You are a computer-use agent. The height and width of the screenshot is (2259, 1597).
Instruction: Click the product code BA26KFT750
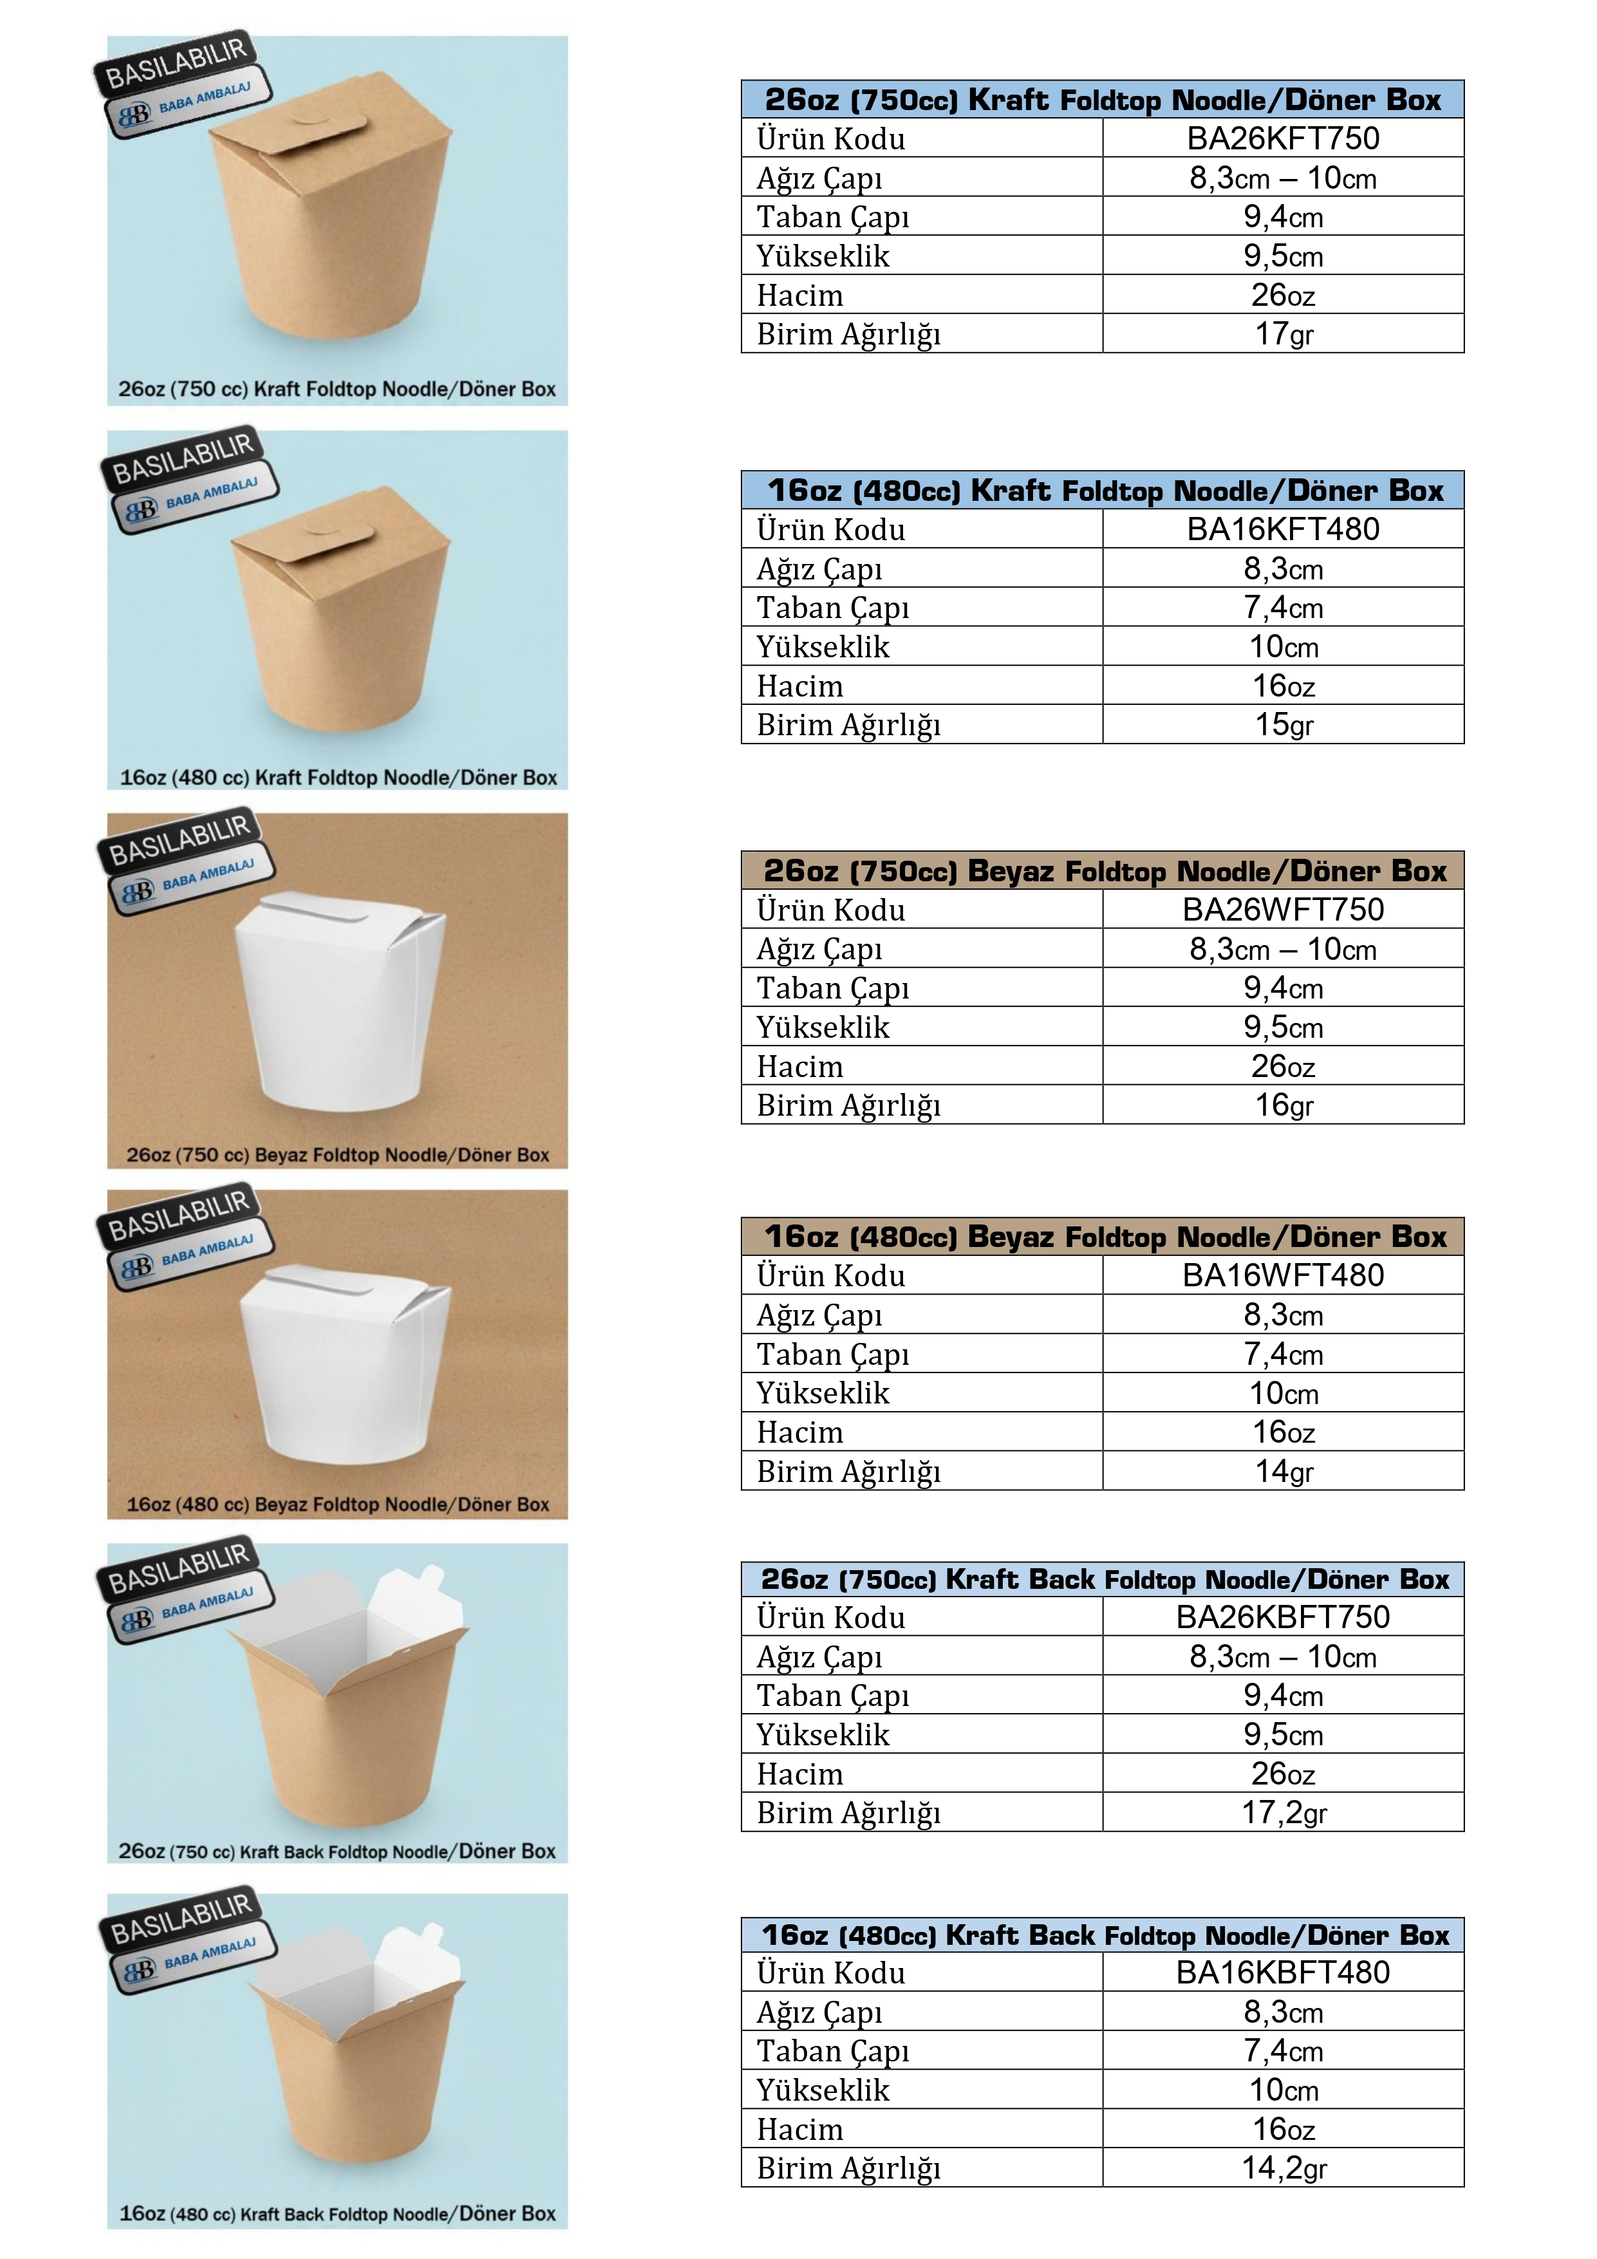click(1282, 138)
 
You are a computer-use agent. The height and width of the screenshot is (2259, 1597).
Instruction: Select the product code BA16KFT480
click(1282, 529)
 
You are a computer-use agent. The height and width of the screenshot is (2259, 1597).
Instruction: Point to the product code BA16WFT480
click(1282, 1275)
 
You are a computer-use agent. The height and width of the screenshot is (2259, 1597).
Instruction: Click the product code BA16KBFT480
click(1282, 1972)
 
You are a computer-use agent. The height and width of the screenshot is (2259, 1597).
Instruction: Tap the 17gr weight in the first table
click(1282, 335)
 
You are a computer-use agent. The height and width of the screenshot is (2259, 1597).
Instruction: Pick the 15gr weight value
click(1282, 725)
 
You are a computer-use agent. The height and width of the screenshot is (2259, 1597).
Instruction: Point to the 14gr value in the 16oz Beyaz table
click(1282, 1471)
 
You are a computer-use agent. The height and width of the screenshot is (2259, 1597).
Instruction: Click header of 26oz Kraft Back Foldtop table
click(1102, 1579)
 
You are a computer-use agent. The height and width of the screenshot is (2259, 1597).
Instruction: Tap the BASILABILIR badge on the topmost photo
click(175, 63)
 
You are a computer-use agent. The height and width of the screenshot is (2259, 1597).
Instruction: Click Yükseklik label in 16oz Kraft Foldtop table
click(823, 648)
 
